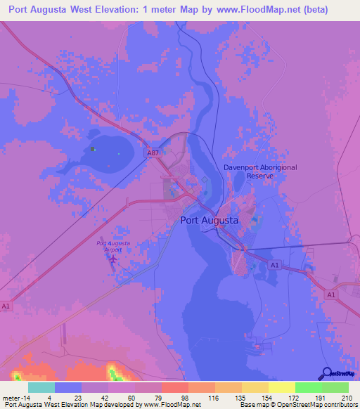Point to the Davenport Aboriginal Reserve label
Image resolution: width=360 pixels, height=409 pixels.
click(x=260, y=171)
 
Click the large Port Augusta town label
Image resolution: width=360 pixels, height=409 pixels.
click(x=210, y=220)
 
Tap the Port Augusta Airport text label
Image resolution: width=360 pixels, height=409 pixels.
click(x=112, y=246)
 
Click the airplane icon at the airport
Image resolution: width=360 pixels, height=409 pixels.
click(x=112, y=260)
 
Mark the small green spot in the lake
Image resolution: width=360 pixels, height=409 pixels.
click(x=94, y=149)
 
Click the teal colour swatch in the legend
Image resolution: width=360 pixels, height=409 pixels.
click(x=41, y=387)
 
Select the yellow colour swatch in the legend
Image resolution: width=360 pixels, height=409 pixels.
click(x=282, y=387)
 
